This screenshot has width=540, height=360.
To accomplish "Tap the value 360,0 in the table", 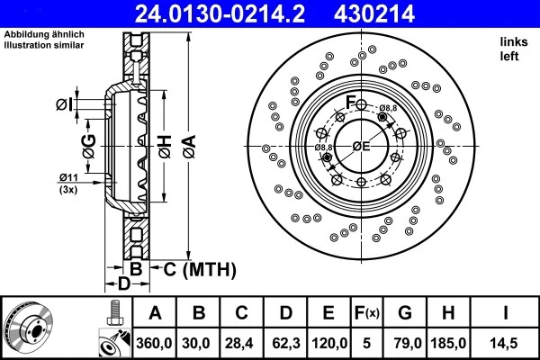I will coord(154,342).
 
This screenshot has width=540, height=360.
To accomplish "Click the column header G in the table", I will coord(404,313).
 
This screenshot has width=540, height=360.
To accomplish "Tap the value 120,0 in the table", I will coord(329,342).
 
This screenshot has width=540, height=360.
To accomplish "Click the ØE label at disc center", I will coord(362,146).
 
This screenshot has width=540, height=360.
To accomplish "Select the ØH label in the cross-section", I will coord(166,144).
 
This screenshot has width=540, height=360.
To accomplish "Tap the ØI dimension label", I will coord(63,105).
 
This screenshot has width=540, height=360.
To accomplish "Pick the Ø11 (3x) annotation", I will coord(68,182).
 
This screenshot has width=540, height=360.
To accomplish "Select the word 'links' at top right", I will coord(512,42).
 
